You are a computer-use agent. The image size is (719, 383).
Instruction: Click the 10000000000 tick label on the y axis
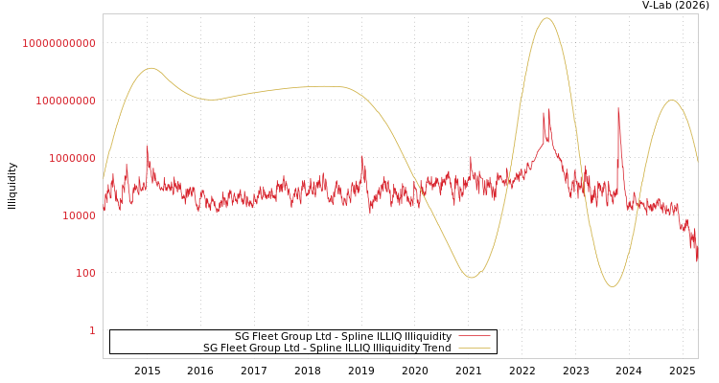tap(59, 43)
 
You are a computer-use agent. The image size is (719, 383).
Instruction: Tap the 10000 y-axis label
tap(73, 215)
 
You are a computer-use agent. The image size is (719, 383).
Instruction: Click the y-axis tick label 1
tap(92, 330)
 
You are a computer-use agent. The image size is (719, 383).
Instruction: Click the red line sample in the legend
tap(475, 336)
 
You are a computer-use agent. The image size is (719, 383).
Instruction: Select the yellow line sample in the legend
tap(475, 348)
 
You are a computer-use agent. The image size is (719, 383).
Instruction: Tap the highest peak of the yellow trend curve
tap(546, 18)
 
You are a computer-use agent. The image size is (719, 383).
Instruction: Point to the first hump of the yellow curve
tap(151, 68)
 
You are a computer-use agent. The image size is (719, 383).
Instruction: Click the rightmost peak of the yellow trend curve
tap(672, 101)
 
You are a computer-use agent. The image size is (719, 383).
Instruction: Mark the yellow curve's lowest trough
tap(612, 286)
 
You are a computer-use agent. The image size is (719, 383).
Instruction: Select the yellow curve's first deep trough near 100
tap(471, 278)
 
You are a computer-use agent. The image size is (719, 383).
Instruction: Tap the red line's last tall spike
tap(618, 108)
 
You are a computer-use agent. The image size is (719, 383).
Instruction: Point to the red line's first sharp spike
tap(147, 146)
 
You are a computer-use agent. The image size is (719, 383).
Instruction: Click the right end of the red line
tap(697, 260)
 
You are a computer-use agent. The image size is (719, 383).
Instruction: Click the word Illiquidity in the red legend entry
tap(428, 336)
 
